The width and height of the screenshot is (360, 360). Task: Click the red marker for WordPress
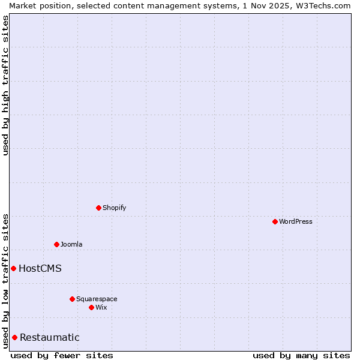[x=275, y=221]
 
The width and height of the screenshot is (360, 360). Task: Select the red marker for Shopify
[x=98, y=208]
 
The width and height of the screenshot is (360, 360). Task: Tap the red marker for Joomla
[x=56, y=244]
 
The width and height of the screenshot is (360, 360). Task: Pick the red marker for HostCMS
[x=13, y=268]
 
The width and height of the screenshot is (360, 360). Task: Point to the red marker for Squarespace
[x=72, y=299]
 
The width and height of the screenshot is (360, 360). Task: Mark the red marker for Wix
[x=91, y=307]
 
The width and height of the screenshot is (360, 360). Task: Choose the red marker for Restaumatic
[x=14, y=337]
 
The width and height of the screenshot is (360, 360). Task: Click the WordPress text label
[x=296, y=221]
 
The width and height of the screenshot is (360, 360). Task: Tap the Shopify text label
[x=115, y=208]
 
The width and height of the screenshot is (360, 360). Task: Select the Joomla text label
[x=71, y=244]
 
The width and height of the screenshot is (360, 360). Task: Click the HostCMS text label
[x=40, y=268]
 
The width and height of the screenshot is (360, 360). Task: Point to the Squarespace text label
[x=97, y=299]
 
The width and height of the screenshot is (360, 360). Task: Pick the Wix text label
[x=101, y=307]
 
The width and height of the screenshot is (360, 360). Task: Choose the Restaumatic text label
[x=50, y=337]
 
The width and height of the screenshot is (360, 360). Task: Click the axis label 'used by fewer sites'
[x=62, y=355]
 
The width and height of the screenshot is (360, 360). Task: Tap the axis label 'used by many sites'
[x=301, y=355]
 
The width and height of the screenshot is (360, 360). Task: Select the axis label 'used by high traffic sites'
[x=5, y=85]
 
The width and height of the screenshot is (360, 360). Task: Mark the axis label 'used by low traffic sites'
[x=5, y=281]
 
